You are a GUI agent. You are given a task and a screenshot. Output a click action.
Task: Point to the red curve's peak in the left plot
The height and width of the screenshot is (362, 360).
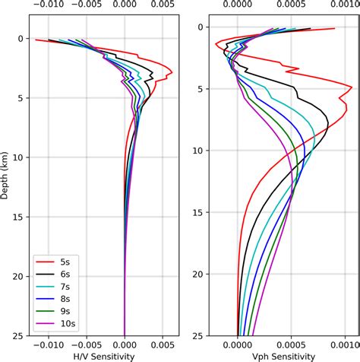point(172,73)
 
